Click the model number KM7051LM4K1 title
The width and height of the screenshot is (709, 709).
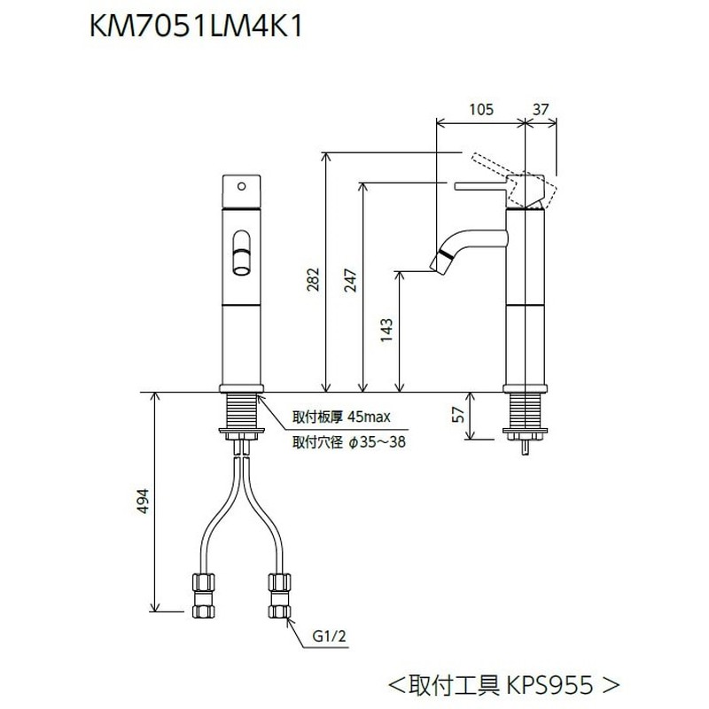[x=196, y=27]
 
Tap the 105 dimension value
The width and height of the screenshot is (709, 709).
[x=481, y=109]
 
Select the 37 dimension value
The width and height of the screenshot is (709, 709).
[x=541, y=109]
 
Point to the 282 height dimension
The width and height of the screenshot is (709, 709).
[x=313, y=279]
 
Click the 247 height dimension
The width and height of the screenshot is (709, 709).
[x=350, y=280]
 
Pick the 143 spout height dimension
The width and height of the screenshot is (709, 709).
[x=386, y=331]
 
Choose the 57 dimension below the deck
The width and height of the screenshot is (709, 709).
[x=458, y=414]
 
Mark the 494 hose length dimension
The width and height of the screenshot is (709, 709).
[x=143, y=501]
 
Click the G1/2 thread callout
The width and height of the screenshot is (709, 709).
[x=329, y=636]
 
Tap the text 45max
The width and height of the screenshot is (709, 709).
[x=369, y=417]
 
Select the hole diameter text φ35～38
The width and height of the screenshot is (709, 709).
[x=378, y=441]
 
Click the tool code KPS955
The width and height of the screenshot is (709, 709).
[x=549, y=684]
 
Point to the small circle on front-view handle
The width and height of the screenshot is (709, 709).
[x=241, y=186]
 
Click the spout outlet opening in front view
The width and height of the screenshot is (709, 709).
[x=241, y=271]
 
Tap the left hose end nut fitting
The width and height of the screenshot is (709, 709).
[x=204, y=595]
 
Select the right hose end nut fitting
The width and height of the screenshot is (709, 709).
[x=279, y=595]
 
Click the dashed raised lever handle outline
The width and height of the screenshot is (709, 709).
[x=515, y=181]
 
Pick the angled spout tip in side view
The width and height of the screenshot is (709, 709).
[x=441, y=261]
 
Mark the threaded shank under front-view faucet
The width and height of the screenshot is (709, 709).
[x=241, y=410]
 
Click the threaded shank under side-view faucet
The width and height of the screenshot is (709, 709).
[x=525, y=410]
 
